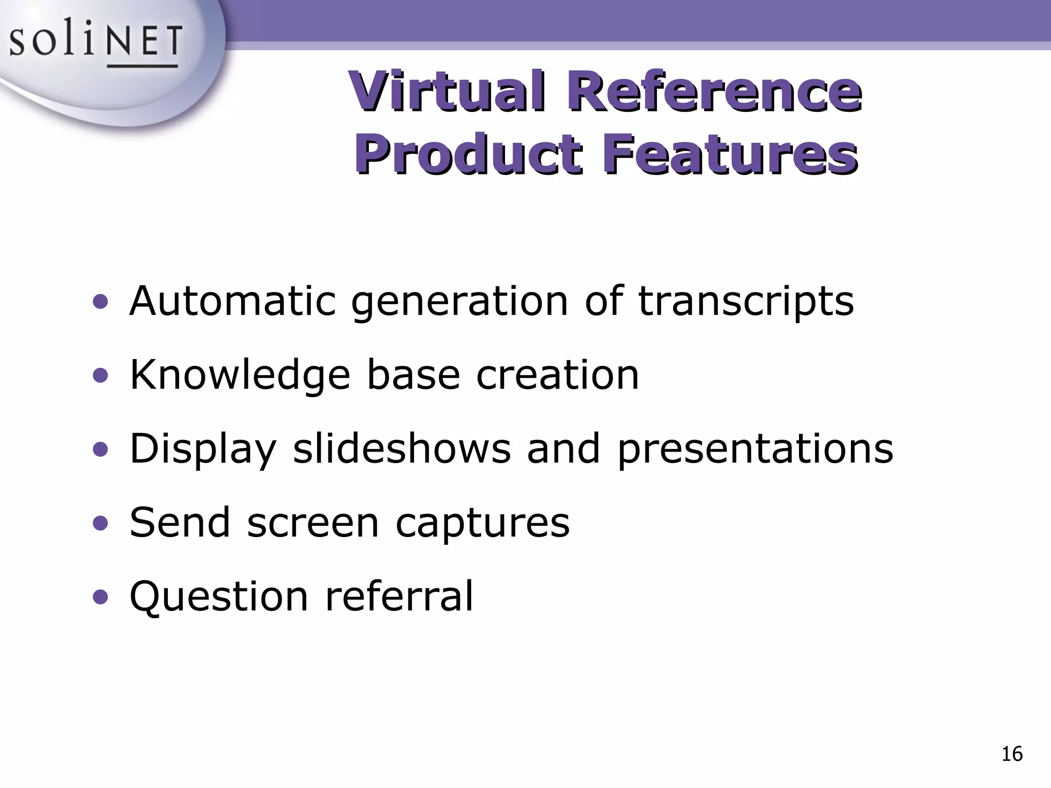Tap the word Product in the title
468,153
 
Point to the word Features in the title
730,153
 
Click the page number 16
1012,754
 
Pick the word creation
557,375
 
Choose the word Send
180,522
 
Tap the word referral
399,596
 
